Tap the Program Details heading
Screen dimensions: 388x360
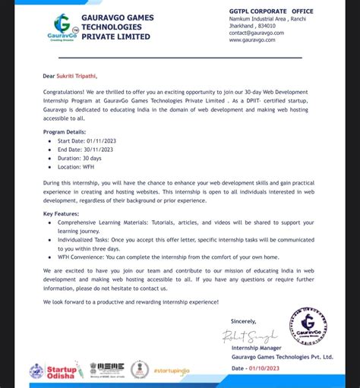pyautogui.click(x=65, y=131)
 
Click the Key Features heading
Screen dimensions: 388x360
pyautogui.click(x=61, y=214)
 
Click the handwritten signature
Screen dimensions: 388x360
pyautogui.click(x=249, y=336)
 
